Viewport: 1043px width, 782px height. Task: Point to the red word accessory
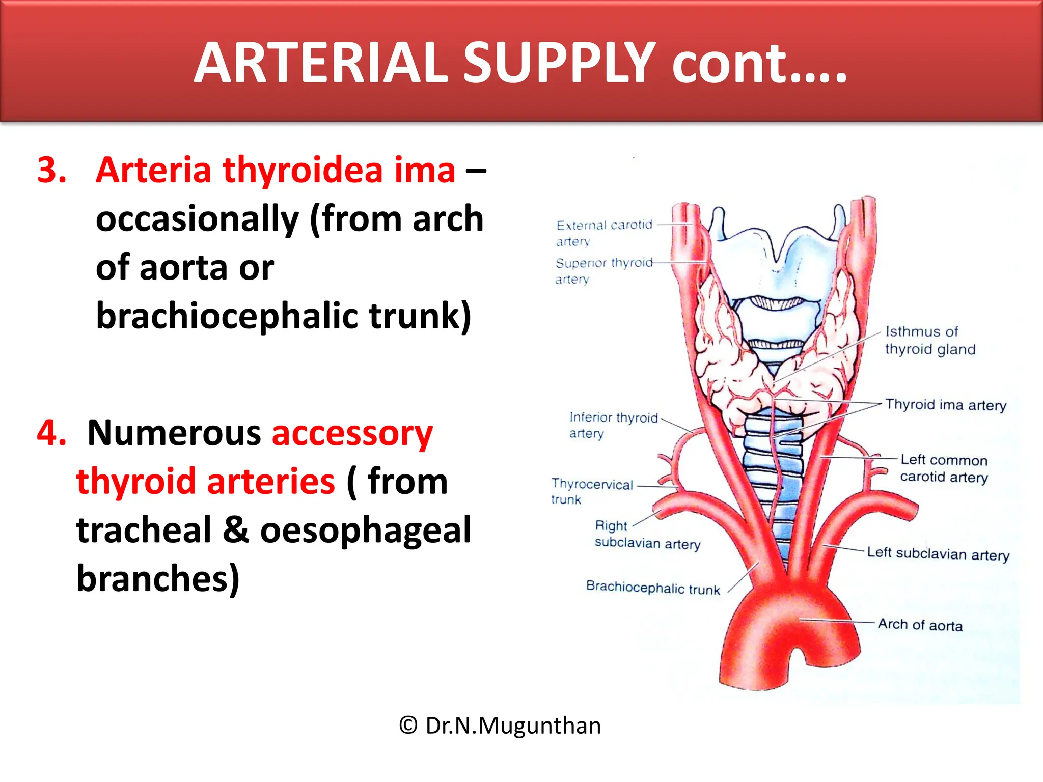pyautogui.click(x=352, y=434)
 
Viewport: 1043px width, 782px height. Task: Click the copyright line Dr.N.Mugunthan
pyautogui.click(x=500, y=725)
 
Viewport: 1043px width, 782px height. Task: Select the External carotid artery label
pyautogui.click(x=603, y=233)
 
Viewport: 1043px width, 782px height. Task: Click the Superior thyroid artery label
pyautogui.click(x=603, y=271)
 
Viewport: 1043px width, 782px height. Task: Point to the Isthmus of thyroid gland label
pyautogui.click(x=929, y=340)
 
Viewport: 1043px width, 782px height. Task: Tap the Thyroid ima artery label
pyautogui.click(x=945, y=405)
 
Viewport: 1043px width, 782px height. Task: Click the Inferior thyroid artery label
pyautogui.click(x=613, y=425)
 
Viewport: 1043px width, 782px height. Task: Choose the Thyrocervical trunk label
pyautogui.click(x=591, y=491)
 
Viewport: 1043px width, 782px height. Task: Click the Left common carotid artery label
pyautogui.click(x=944, y=468)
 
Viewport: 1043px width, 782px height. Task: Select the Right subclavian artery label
pyautogui.click(x=647, y=535)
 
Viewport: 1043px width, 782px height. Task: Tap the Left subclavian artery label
pyautogui.click(x=938, y=553)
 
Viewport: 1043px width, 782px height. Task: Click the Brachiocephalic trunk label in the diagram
pyautogui.click(x=653, y=588)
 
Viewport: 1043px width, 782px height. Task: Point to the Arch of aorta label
pyautogui.click(x=920, y=625)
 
